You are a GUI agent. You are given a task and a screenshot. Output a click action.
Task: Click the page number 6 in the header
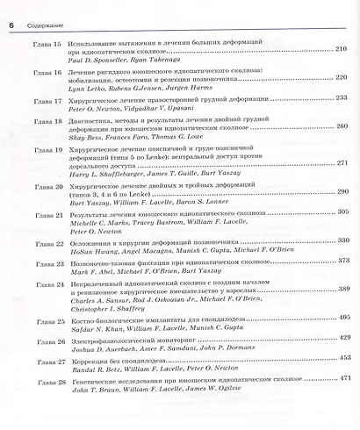11,11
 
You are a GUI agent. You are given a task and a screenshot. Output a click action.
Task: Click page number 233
342,97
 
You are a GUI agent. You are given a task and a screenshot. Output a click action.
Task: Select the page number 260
342,126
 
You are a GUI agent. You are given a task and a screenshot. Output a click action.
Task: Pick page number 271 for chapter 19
342,163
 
